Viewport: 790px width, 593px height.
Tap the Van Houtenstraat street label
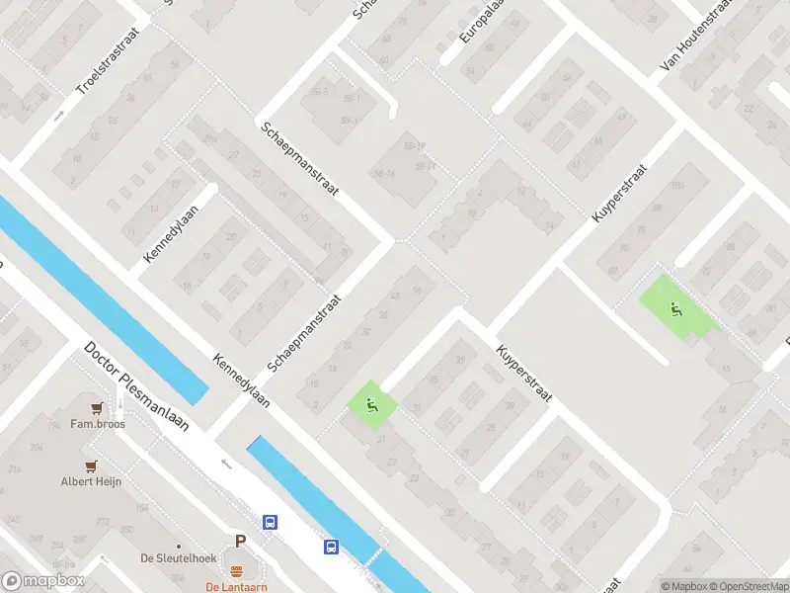tap(700, 36)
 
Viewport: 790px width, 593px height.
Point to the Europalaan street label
tap(480, 22)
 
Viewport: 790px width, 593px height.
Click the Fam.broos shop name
tap(96, 424)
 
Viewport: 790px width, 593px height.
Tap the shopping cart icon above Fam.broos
tap(96, 407)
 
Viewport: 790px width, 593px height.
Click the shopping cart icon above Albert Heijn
tap(91, 466)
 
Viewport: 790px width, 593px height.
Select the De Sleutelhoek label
tap(178, 558)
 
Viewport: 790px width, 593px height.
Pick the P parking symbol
tap(239, 541)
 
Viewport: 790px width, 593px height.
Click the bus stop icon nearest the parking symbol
tap(269, 522)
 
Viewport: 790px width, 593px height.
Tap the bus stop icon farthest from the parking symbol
tap(331, 546)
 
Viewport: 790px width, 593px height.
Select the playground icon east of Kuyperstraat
tap(675, 309)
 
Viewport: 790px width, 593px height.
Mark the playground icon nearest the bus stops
tap(371, 403)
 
